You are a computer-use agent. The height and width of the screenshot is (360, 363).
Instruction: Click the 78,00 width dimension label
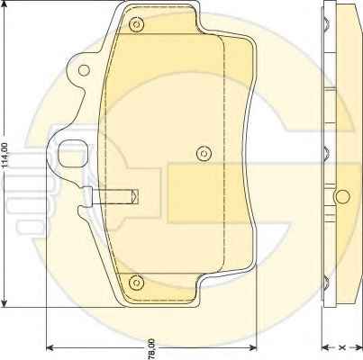[151, 348]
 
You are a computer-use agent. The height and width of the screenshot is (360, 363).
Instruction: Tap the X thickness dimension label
[342, 347]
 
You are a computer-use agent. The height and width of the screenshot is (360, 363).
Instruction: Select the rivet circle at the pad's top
[136, 24]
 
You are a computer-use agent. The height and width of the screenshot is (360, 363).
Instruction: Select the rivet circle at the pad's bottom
[136, 283]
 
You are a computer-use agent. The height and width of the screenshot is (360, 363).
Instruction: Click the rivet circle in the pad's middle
[204, 154]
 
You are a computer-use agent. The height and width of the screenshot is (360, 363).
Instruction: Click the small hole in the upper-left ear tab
[84, 70]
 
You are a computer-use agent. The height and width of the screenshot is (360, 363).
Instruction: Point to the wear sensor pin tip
[134, 196]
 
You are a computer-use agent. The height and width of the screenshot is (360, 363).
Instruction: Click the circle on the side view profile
[342, 197]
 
